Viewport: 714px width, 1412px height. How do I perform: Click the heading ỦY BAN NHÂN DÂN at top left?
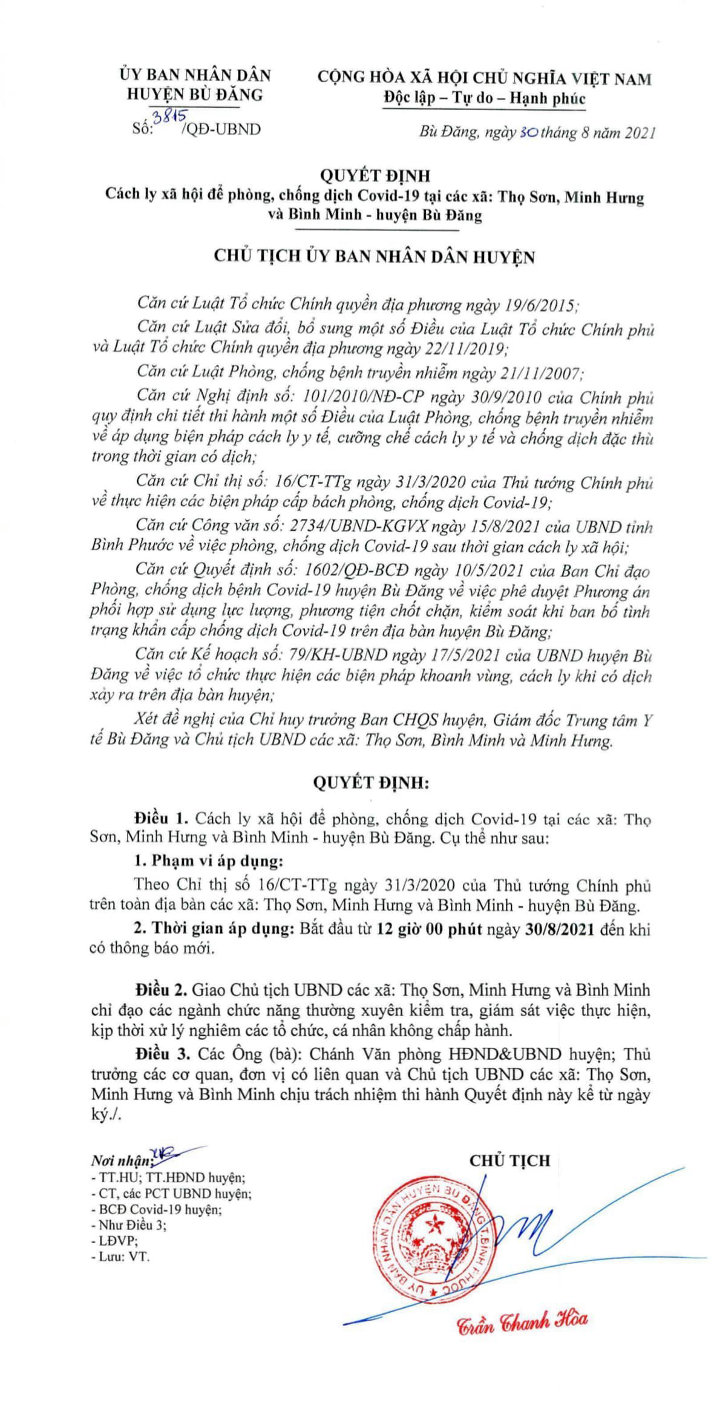[x=194, y=76]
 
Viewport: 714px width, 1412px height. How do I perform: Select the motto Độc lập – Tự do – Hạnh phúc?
[x=485, y=98]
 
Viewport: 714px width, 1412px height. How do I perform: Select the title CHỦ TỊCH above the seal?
[x=509, y=1160]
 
